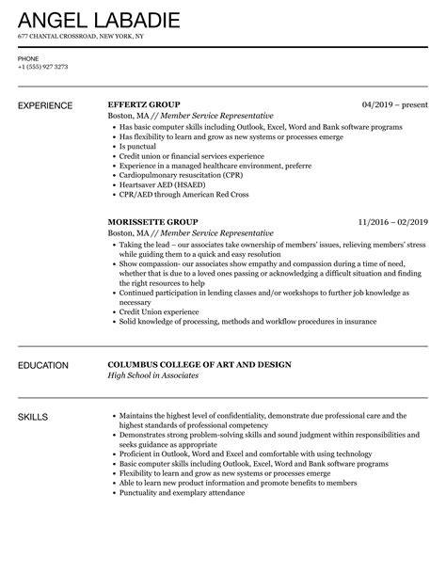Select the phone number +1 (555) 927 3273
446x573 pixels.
[x=43, y=68]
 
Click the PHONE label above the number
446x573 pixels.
[x=28, y=58]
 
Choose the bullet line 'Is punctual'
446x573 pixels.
[x=138, y=147]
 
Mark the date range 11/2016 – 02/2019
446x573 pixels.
[x=391, y=222]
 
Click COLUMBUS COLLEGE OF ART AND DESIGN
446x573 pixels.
[x=212, y=364]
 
